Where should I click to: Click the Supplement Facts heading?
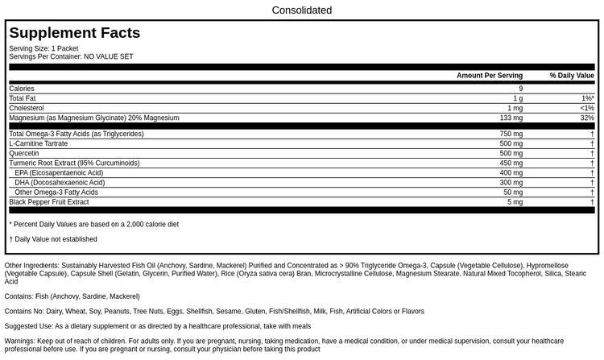click(x=74, y=33)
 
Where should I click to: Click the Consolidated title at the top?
click(x=301, y=10)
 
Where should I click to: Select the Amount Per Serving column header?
click(x=489, y=76)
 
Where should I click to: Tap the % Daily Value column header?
click(x=572, y=76)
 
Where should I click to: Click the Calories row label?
click(x=22, y=89)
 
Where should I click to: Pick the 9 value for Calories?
click(x=520, y=89)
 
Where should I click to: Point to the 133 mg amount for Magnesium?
click(x=511, y=118)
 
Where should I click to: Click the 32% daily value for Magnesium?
click(x=586, y=118)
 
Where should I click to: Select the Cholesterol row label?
click(x=27, y=108)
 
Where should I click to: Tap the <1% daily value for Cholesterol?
click(x=586, y=108)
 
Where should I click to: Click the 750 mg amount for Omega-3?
click(x=511, y=134)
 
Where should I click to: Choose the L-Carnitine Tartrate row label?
click(x=39, y=143)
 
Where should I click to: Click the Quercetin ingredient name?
click(x=24, y=153)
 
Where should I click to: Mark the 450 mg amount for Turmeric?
click(x=511, y=163)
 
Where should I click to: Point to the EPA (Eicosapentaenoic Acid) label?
click(x=59, y=172)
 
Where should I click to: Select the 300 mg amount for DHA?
click(x=511, y=182)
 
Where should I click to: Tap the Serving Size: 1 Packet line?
click(x=43, y=48)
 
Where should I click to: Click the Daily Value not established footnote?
click(x=55, y=239)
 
